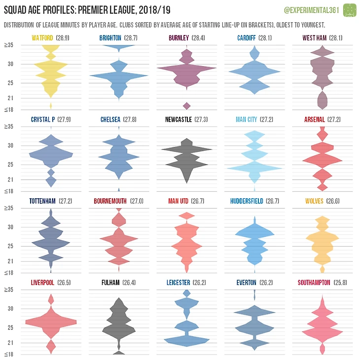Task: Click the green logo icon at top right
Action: [x=350, y=10]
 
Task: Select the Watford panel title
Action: [x=42, y=38]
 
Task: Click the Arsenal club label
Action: [x=315, y=119]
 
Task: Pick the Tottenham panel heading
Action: [x=41, y=201]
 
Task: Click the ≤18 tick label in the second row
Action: [x=9, y=191]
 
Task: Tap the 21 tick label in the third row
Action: [x=9, y=261]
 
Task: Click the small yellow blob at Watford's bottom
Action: [x=51, y=105]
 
